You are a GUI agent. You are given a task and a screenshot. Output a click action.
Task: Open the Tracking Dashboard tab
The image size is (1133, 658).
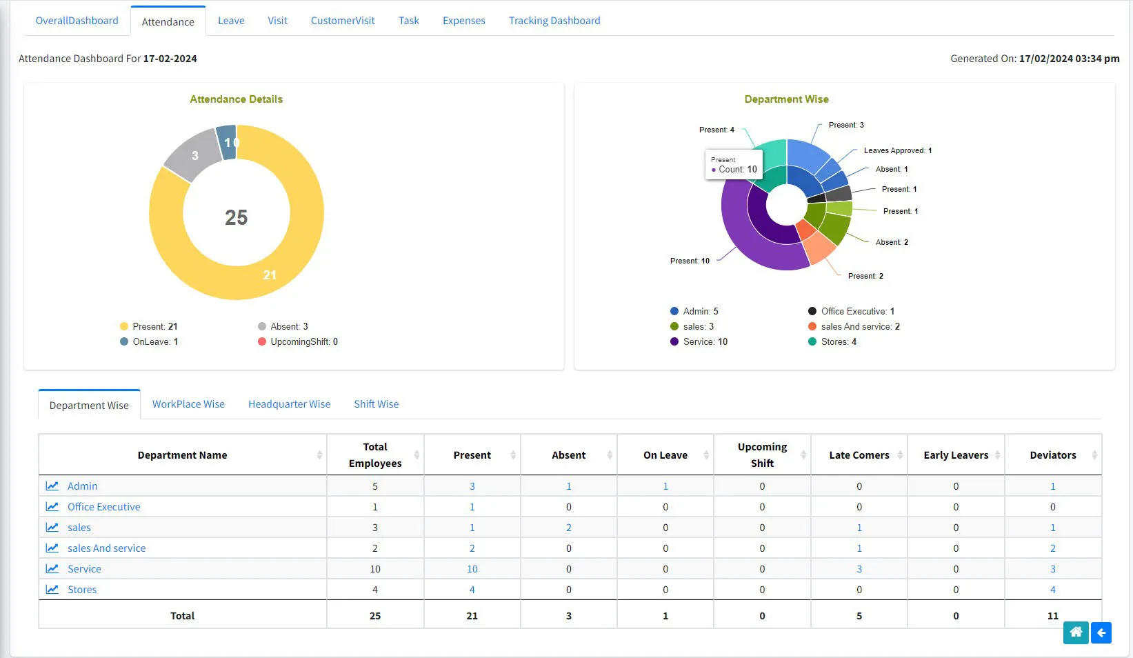[554, 21]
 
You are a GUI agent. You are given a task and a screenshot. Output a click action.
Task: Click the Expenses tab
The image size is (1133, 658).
[463, 21]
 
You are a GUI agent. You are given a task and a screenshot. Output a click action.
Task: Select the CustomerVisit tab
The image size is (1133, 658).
[343, 21]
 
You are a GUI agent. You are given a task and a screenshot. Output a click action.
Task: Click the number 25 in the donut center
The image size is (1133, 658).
[236, 217]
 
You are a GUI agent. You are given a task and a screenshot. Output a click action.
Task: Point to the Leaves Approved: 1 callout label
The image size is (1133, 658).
[897, 150]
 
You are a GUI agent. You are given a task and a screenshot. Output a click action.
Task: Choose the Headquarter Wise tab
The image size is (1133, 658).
[289, 404]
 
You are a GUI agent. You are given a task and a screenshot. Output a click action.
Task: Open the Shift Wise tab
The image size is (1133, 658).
[376, 404]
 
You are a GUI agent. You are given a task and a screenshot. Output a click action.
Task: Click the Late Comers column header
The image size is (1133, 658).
[859, 455]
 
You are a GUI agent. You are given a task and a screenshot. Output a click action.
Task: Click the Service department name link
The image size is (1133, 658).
[84, 569]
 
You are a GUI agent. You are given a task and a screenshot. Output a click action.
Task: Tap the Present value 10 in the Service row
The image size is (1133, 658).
[472, 569]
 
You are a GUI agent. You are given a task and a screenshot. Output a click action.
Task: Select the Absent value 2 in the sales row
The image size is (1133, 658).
[568, 528]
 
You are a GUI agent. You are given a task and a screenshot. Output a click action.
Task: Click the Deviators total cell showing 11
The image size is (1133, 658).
[1052, 616]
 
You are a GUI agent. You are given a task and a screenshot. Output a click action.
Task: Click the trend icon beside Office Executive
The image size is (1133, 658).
[52, 507]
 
